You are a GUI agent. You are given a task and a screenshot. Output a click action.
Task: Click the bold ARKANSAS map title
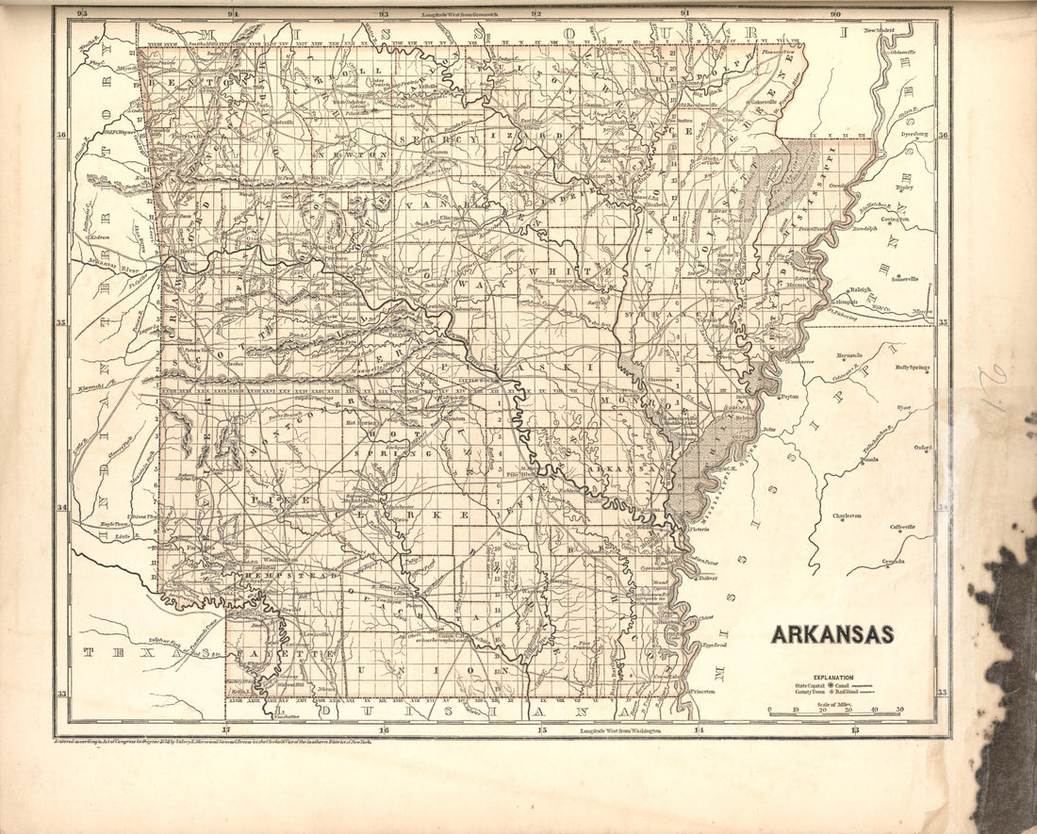832,634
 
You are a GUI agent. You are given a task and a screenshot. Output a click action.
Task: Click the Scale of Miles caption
833,701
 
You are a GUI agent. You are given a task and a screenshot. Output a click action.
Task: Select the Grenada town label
894,562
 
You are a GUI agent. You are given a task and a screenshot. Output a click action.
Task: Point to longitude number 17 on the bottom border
225,730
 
